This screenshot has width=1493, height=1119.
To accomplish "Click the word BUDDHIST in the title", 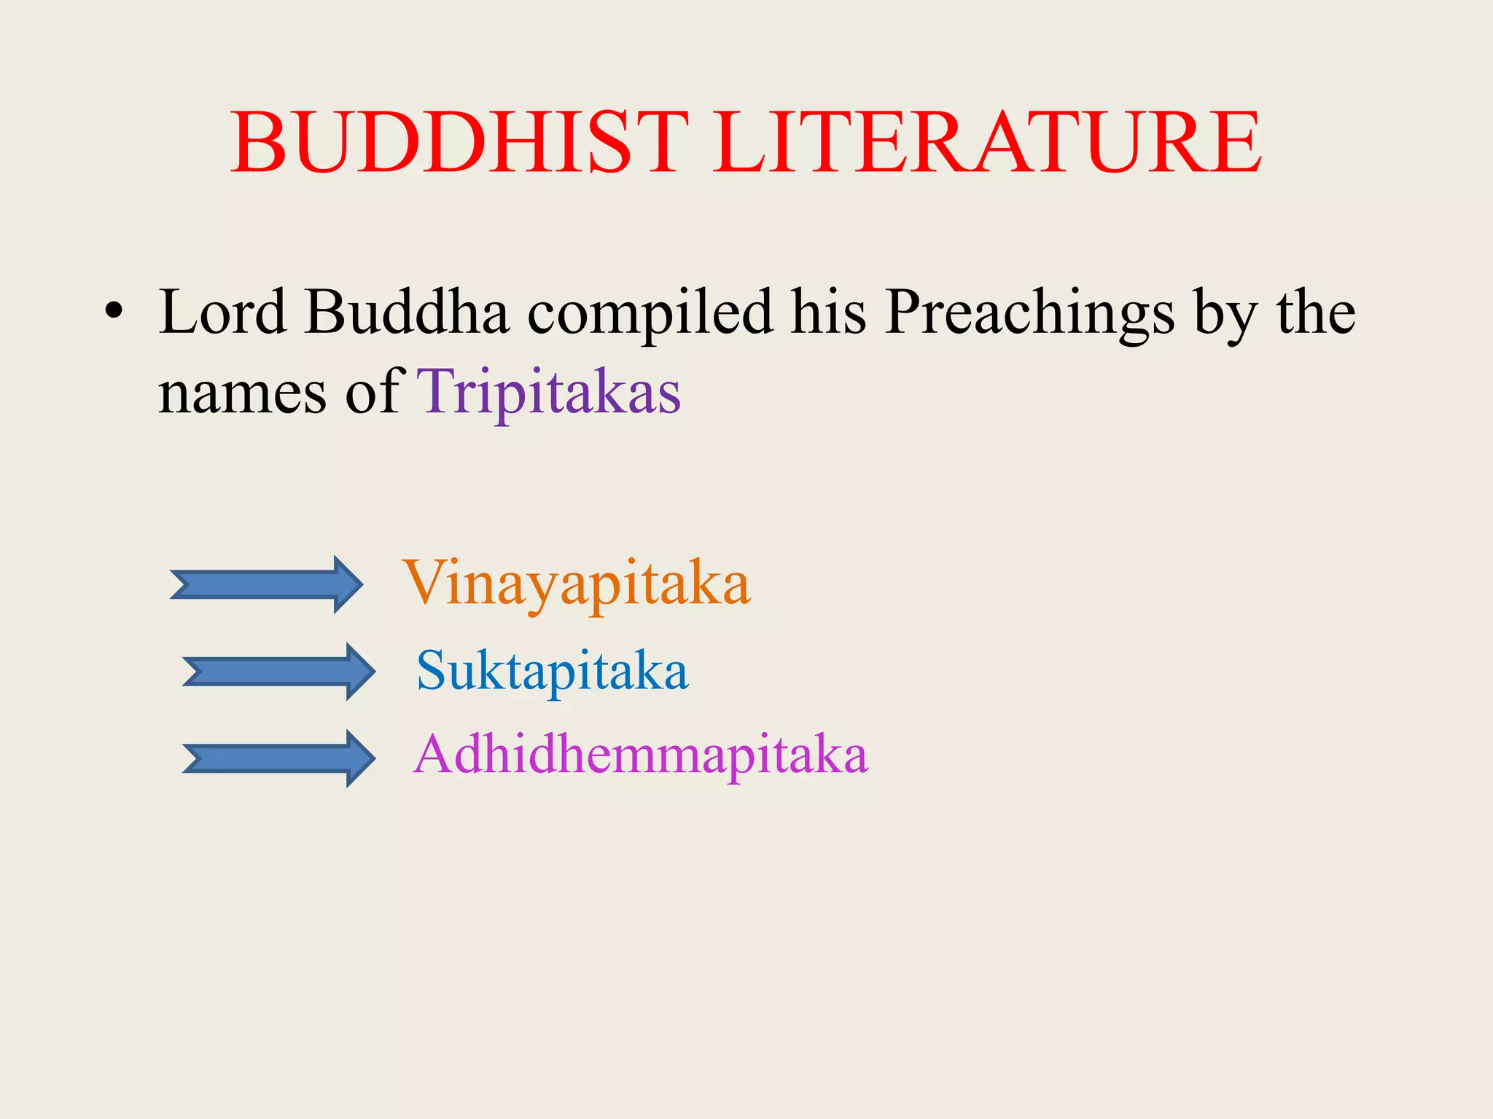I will pos(459,142).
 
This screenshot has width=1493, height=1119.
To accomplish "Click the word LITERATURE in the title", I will pos(987,142).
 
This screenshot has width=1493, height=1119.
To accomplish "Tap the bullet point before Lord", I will pos(113,312).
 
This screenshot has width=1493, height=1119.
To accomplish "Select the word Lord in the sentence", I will pos(223,312).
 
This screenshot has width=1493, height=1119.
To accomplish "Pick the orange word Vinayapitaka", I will pos(576,584).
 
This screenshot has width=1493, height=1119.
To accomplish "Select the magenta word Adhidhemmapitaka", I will pos(640,755).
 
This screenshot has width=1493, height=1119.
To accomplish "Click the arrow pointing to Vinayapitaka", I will pos(266,584).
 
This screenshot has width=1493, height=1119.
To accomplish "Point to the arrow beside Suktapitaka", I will pos(278,672).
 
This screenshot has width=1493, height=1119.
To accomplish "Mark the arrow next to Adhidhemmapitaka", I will pos(278,758).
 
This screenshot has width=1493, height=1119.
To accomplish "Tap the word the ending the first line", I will pos(1315,312).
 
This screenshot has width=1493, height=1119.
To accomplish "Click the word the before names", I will pos(1315,312).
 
